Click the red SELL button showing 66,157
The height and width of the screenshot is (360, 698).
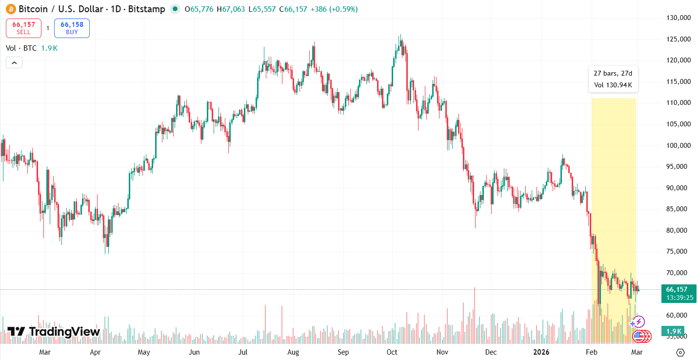[23, 28]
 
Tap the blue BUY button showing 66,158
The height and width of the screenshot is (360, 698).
[72, 28]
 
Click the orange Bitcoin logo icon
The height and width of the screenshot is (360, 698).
[11, 9]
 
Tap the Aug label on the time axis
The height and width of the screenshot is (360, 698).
[293, 352]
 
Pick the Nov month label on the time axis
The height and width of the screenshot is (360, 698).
[442, 352]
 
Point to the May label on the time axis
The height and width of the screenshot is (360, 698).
[144, 352]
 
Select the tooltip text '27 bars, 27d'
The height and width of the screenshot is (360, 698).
[613, 73]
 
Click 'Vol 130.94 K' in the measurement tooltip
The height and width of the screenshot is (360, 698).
[613, 85]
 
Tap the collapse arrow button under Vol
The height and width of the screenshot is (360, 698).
[14, 62]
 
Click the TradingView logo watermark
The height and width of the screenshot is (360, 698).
[54, 332]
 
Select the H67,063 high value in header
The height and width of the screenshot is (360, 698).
[232, 9]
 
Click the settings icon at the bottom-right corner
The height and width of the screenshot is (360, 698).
[680, 352]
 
